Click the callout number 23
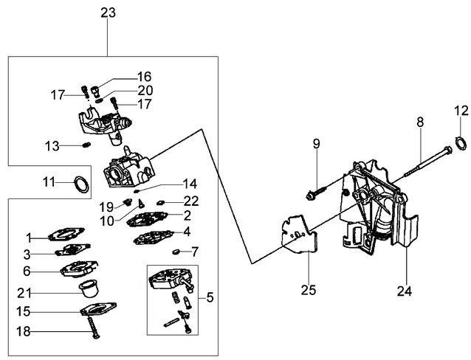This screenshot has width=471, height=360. tap(108, 13)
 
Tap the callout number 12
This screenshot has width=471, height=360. tap(461, 111)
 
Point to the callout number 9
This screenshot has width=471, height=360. tap(316, 144)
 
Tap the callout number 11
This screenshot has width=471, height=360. tap(48, 181)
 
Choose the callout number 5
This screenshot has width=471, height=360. tap(210, 298)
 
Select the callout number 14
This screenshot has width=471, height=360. tap(190, 182)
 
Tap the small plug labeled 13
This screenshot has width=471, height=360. tap(86, 146)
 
